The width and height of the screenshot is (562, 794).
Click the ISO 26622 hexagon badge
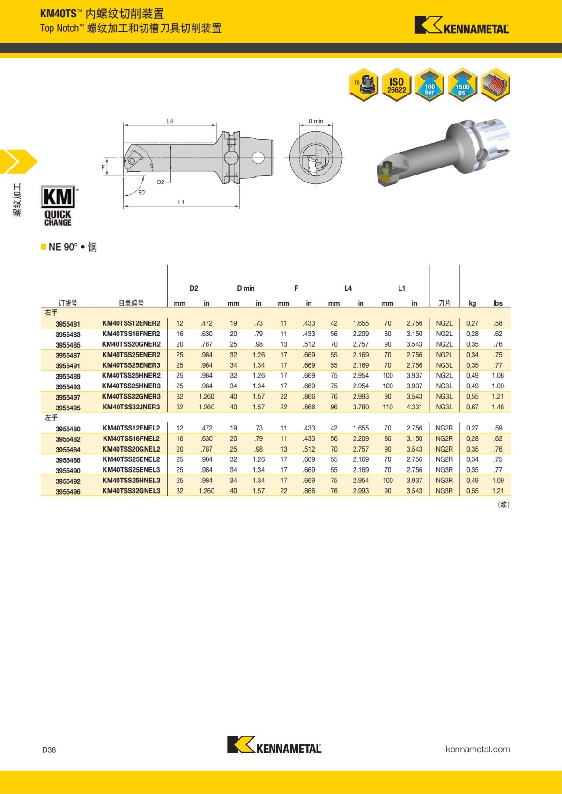coord(396,85)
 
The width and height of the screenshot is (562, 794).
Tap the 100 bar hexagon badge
coord(429,85)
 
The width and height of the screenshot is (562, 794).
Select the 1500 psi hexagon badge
coord(462,85)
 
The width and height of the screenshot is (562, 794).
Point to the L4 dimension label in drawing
coord(170,121)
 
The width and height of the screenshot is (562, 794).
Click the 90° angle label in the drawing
coord(142,192)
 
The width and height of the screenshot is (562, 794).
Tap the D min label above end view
coord(316,121)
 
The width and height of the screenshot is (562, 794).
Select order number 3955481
coord(68,324)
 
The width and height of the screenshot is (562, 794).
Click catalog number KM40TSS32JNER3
coord(131,407)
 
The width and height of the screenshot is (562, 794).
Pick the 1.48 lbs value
coord(497,407)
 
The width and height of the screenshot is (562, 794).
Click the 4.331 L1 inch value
coord(414,407)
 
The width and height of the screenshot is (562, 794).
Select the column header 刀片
coord(444,303)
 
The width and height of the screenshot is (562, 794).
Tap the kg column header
coord(472,303)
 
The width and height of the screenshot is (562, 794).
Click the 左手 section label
coord(52,417)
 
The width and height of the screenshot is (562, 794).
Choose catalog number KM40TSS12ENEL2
coord(131,428)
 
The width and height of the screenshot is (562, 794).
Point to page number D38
coord(49,750)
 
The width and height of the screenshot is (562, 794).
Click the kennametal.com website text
coord(477,749)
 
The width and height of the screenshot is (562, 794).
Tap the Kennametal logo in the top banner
coord(461,26)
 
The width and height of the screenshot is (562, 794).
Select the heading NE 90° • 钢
coord(72,247)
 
